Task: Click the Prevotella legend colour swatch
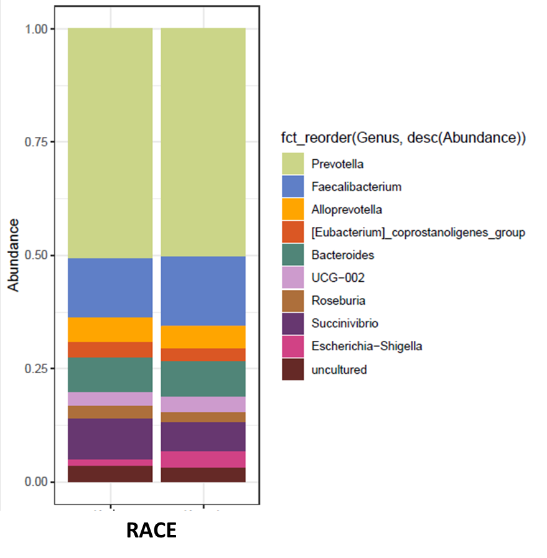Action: (x=292, y=164)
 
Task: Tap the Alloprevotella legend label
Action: (x=347, y=210)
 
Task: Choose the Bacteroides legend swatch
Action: (x=292, y=255)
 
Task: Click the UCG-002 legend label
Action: (x=338, y=278)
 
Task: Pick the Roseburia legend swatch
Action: (x=292, y=300)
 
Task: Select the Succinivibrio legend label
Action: (x=345, y=323)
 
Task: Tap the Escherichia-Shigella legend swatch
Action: (x=292, y=346)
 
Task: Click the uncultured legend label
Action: (x=339, y=370)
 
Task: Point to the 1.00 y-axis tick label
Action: (x=38, y=29)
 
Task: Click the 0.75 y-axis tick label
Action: (x=38, y=142)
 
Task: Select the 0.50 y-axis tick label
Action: (x=38, y=256)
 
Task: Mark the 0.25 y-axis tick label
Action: (x=38, y=369)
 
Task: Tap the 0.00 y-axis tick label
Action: (x=38, y=482)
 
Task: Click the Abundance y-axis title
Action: (x=13, y=255)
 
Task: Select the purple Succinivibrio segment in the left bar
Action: (x=110, y=439)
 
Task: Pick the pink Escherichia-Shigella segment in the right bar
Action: (x=203, y=459)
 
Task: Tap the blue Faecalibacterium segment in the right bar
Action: (x=203, y=291)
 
